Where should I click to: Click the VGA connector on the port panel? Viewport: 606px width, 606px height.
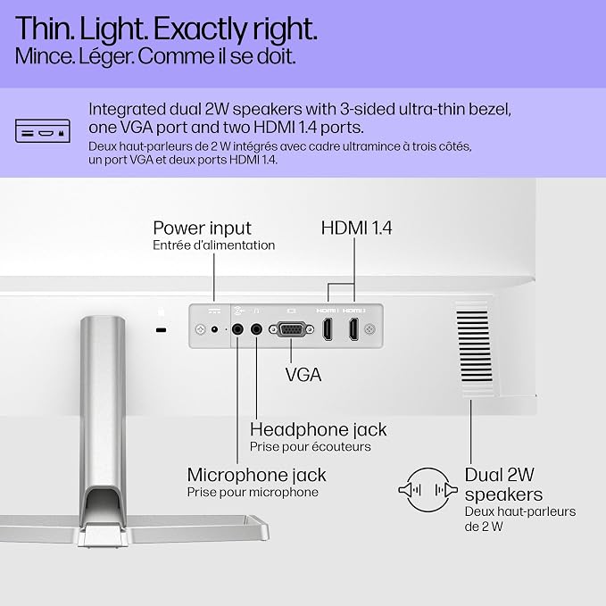pos(291,329)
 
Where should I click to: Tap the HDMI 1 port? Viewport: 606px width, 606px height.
pos(328,329)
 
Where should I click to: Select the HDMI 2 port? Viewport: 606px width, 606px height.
pos(353,329)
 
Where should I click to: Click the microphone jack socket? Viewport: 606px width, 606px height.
pos(237,329)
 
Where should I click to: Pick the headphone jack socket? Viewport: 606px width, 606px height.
pos(256,329)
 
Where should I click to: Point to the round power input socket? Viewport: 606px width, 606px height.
pos(214,329)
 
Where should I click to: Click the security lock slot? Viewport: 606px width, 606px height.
pos(162,330)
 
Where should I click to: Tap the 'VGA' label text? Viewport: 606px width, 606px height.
pos(303,375)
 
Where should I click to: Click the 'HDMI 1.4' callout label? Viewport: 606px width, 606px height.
pos(356,228)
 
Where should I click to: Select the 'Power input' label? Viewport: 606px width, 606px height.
pos(202,228)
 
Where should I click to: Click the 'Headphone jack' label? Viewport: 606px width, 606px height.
pos(318,429)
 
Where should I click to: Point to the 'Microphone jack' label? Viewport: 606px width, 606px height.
pos(257,475)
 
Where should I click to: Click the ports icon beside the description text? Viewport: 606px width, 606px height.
pos(43,131)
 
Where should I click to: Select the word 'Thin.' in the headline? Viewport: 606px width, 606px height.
pos(45,29)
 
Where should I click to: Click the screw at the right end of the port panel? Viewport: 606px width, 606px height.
pos(369,329)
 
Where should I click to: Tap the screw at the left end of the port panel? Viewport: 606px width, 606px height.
pos(200,329)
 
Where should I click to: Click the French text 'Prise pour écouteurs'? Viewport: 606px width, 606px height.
pos(311,447)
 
